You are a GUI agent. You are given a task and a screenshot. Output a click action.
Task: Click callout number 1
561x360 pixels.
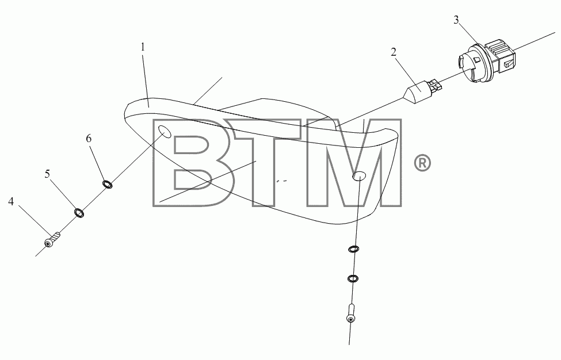pyautogui.click(x=143, y=47)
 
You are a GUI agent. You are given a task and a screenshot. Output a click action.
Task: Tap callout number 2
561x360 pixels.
pyautogui.click(x=394, y=52)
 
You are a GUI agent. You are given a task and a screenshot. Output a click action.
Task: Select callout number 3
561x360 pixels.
pyautogui.click(x=456, y=20)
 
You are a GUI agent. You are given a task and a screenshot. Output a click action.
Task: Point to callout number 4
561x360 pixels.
pyautogui.click(x=11, y=202)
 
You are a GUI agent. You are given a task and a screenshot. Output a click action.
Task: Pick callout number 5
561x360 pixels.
pyautogui.click(x=47, y=174)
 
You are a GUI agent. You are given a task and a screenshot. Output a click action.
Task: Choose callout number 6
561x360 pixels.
pyautogui.click(x=89, y=139)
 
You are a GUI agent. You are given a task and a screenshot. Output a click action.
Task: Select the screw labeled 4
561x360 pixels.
pyautogui.click(x=52, y=239)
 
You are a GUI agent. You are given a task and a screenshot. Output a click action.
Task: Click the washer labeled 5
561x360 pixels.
pyautogui.click(x=79, y=213)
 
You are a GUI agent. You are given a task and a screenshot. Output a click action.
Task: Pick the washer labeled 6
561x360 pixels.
pyautogui.click(x=108, y=184)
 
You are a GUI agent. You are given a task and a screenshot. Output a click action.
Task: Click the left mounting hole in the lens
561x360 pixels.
pyautogui.click(x=165, y=131)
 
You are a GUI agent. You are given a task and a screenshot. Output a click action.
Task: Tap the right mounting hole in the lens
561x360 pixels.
pyautogui.click(x=359, y=175)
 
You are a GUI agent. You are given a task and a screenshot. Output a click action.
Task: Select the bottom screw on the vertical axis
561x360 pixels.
pyautogui.click(x=351, y=313)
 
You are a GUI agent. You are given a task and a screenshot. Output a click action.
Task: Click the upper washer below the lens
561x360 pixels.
pyautogui.click(x=353, y=249)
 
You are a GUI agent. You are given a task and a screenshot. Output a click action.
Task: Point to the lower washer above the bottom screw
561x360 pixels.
pyautogui.click(x=352, y=278)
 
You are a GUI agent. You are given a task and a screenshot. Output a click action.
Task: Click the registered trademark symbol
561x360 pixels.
pyautogui.click(x=422, y=163)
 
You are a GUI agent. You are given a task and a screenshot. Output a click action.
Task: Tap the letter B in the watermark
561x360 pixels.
pyautogui.click(x=193, y=163)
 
